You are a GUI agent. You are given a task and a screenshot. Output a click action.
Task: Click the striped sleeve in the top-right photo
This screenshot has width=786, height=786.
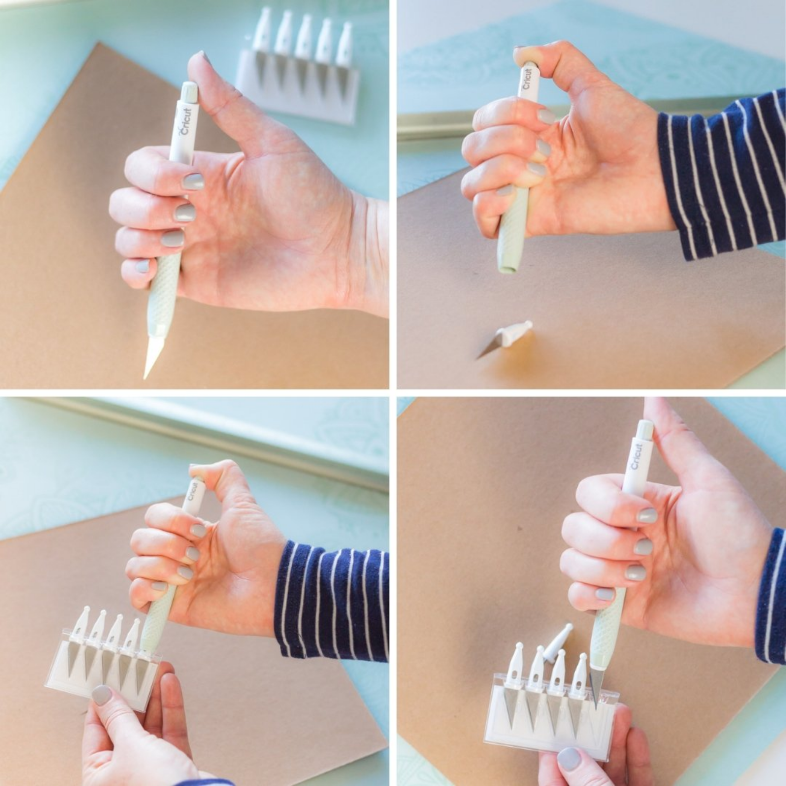coord(722,177)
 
